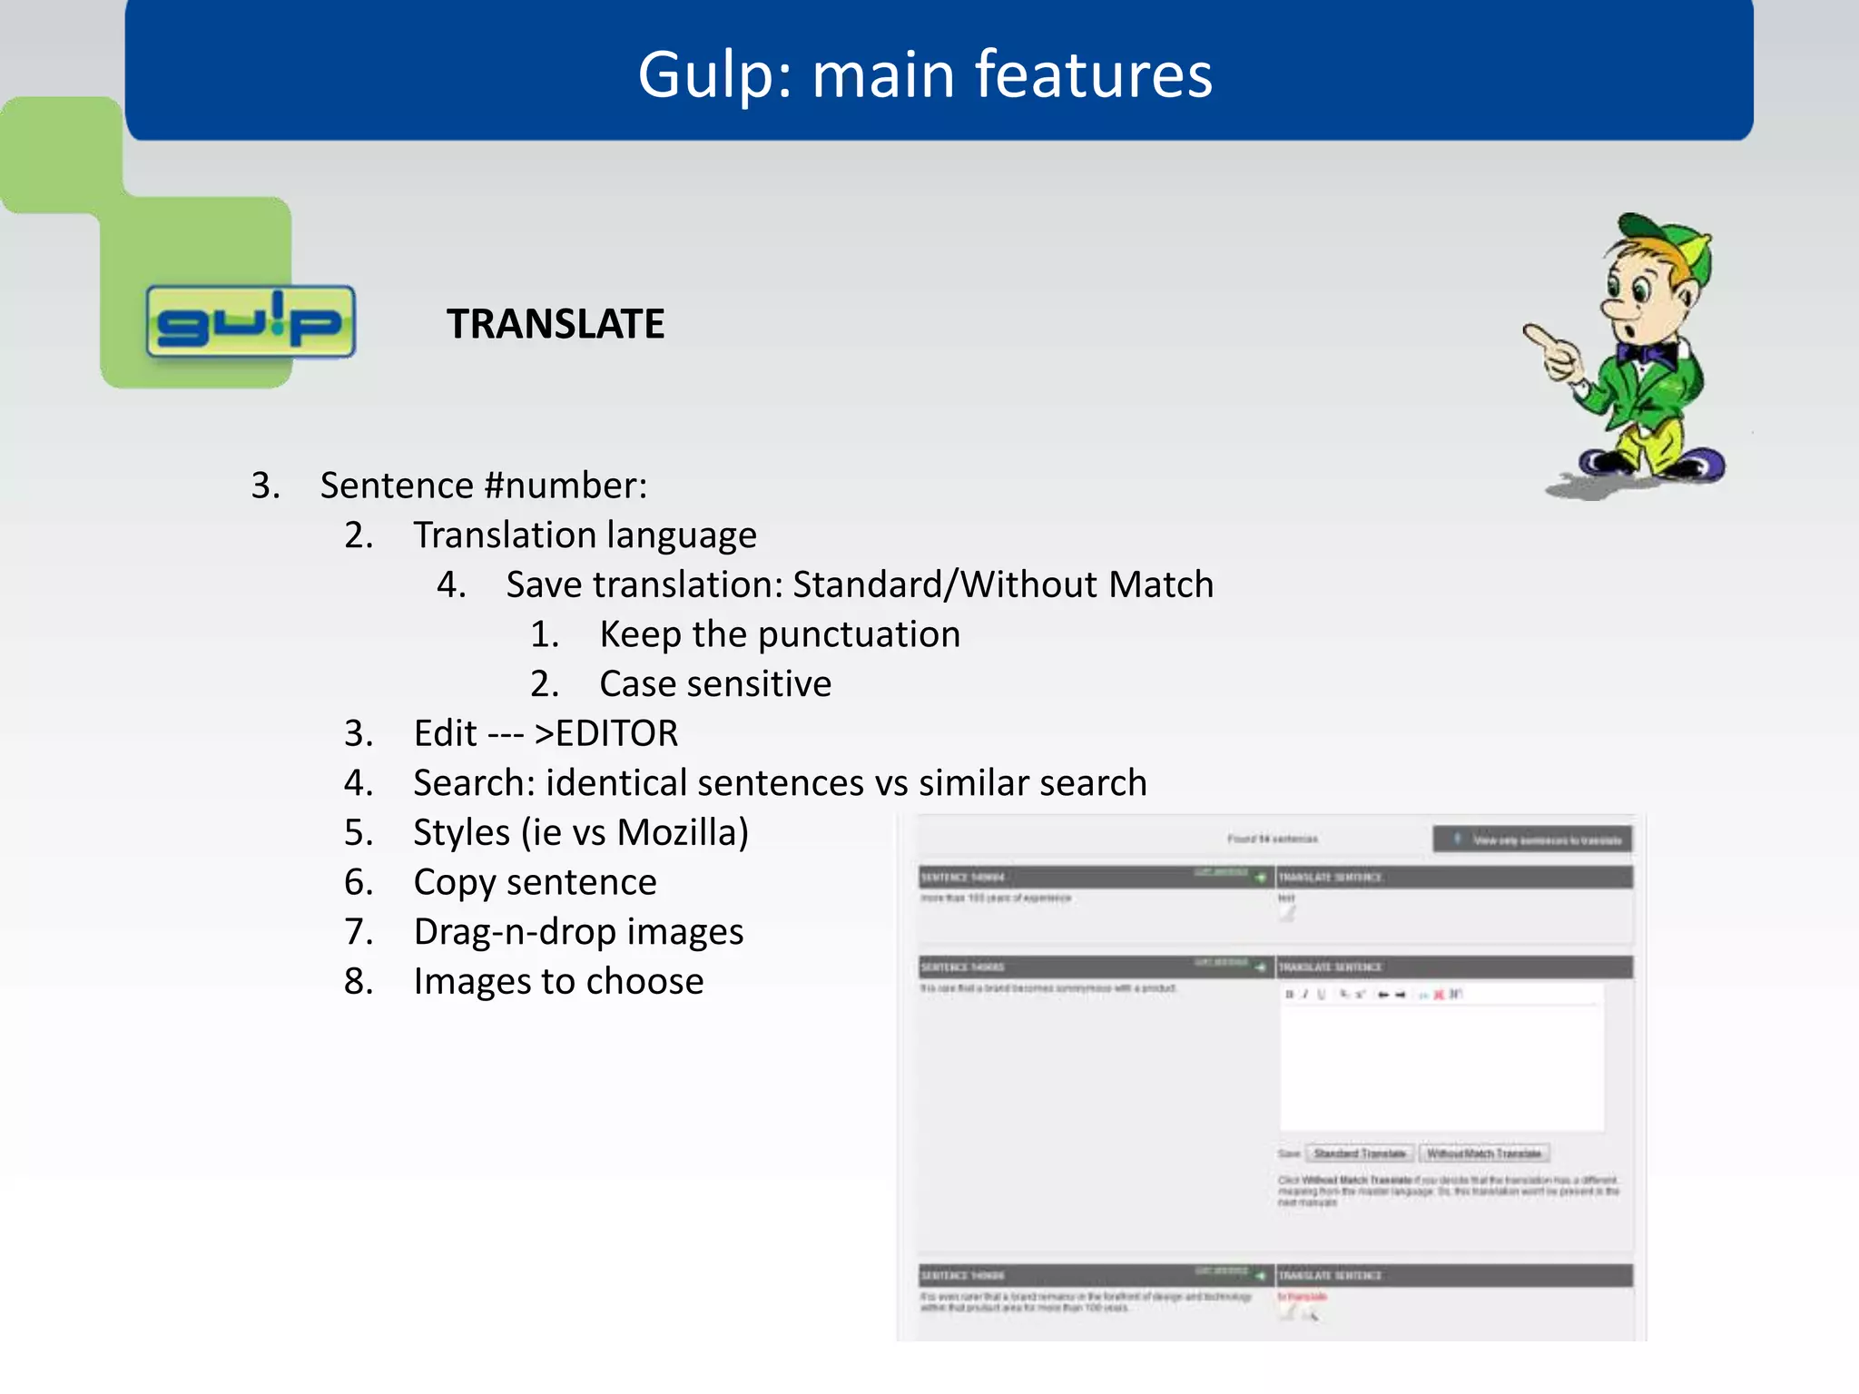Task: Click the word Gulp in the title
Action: (x=705, y=74)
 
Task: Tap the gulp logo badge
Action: (x=251, y=322)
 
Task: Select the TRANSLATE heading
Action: (x=555, y=324)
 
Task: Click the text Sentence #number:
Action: (x=483, y=486)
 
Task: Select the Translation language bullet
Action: (x=585, y=535)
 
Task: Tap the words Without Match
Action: (x=1087, y=584)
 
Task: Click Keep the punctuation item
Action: (x=779, y=634)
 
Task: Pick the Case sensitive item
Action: (x=714, y=684)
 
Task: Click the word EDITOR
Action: (x=616, y=733)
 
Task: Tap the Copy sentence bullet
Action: (x=535, y=882)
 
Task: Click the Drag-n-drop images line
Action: (x=578, y=932)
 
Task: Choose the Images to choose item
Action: (x=558, y=981)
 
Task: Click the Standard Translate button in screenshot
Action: (x=1359, y=1153)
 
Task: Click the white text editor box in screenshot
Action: (x=1441, y=1066)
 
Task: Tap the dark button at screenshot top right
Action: (x=1532, y=839)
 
